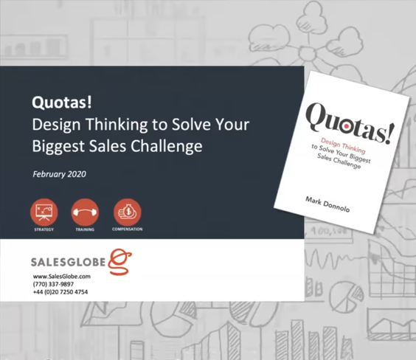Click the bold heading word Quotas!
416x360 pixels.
pyautogui.click(x=62, y=102)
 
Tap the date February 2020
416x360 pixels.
pyautogui.click(x=60, y=174)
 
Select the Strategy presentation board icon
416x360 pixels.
pyautogui.click(x=44, y=212)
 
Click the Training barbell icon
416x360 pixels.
pyautogui.click(x=85, y=212)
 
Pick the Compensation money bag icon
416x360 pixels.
pyautogui.click(x=128, y=212)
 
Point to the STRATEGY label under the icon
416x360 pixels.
pyautogui.click(x=44, y=229)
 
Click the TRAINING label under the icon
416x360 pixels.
pyautogui.click(x=85, y=229)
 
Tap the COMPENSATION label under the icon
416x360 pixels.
pyautogui.click(x=128, y=229)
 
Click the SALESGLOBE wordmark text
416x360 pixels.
pyautogui.click(x=69, y=262)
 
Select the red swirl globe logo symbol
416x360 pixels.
pyautogui.click(x=120, y=262)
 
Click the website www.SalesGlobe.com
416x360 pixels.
pyautogui.click(x=62, y=277)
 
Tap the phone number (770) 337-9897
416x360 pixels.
pyautogui.click(x=53, y=284)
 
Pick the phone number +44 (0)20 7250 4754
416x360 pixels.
pyautogui.click(x=60, y=292)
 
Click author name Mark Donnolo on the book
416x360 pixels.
pyautogui.click(x=327, y=204)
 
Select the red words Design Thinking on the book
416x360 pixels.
pyautogui.click(x=343, y=145)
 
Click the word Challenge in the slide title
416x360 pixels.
pyautogui.click(x=167, y=146)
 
